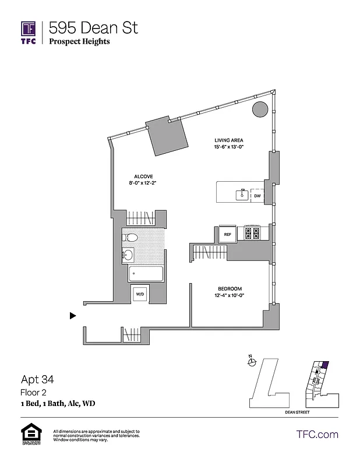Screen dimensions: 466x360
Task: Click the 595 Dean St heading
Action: tap(93, 27)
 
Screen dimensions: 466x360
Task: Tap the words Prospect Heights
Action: tap(79, 41)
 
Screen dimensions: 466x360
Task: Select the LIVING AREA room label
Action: tap(228, 140)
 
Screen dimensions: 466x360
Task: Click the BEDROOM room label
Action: tap(230, 289)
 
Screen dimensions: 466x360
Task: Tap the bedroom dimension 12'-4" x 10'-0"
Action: tap(230, 295)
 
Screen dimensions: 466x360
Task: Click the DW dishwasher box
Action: tap(257, 196)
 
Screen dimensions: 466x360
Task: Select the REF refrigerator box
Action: tap(228, 234)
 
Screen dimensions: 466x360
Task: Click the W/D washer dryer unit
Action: tap(140, 294)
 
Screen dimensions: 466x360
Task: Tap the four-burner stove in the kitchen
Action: tap(252, 234)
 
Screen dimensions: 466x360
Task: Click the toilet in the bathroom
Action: tap(130, 237)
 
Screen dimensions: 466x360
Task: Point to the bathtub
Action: tap(146, 274)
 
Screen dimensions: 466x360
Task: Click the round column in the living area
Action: tap(259, 109)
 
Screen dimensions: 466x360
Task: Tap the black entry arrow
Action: tap(73, 316)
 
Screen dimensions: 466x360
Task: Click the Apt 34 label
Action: tap(37, 380)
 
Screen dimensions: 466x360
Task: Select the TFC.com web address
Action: tap(317, 434)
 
